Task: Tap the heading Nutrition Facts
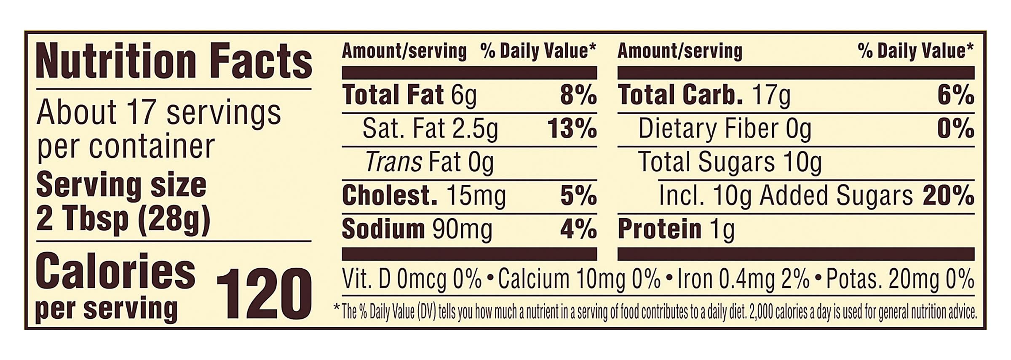click(x=174, y=62)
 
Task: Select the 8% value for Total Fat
click(x=578, y=95)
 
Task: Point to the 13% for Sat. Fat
click(x=572, y=129)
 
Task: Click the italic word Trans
click(x=393, y=163)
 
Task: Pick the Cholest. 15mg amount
click(x=424, y=196)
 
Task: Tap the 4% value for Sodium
click(x=578, y=230)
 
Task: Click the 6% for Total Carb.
click(x=955, y=95)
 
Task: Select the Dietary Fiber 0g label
click(x=725, y=129)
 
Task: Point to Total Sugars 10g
click(x=730, y=163)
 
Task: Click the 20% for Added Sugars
click(x=948, y=196)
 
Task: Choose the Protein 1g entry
click(x=676, y=230)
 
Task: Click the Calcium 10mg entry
click(x=561, y=280)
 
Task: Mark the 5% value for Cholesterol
click(x=578, y=196)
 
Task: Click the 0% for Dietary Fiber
click(x=955, y=129)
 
